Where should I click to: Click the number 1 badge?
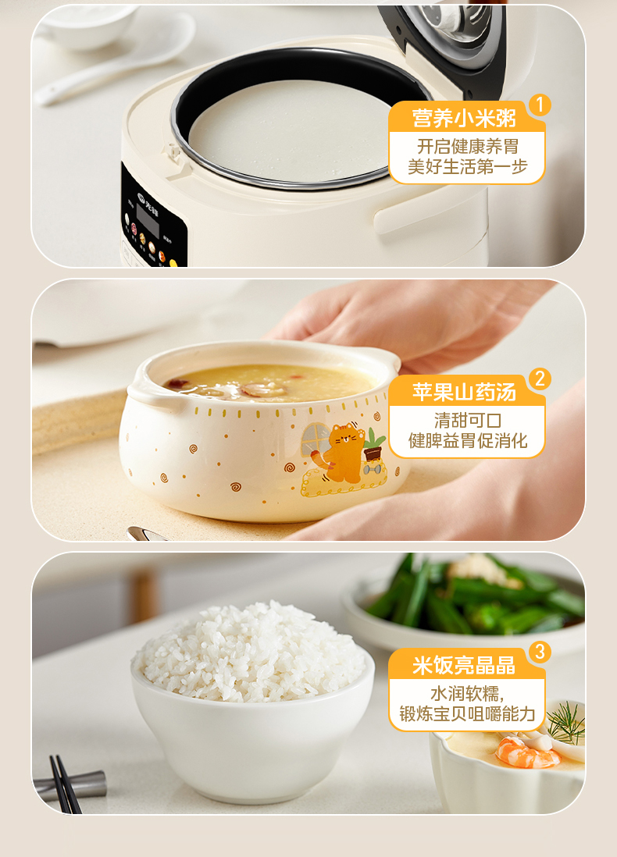[540, 105]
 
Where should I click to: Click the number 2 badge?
[540, 379]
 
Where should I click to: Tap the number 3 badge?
[540, 652]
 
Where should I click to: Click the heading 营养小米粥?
[464, 118]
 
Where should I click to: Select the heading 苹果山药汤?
[464, 392]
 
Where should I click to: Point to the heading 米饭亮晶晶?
[464, 665]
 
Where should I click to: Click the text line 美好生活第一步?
[467, 167]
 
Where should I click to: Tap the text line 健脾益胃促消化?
[467, 440]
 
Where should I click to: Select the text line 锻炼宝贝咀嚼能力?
[467, 714]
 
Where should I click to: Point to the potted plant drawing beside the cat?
[373, 445]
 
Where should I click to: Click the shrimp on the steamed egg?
[526, 752]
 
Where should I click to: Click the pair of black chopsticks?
[65, 785]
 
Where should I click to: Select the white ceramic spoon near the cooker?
[116, 59]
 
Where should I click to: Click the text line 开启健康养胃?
[467, 147]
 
